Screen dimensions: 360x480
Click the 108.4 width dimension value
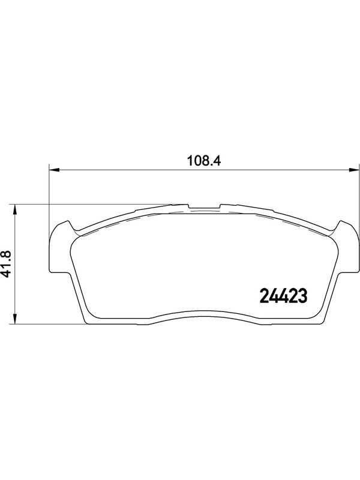click(203, 160)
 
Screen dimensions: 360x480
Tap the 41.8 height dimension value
click(6, 264)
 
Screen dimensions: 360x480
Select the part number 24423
click(283, 296)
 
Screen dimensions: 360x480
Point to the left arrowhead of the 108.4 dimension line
click(54, 169)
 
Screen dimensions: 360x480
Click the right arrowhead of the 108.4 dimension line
click(354, 169)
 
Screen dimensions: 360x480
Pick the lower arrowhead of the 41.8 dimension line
click(14, 319)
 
